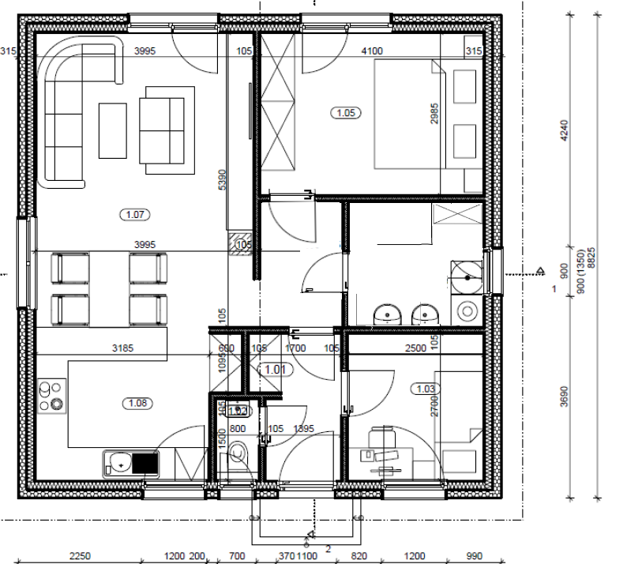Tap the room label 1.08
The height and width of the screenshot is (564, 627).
click(x=138, y=404)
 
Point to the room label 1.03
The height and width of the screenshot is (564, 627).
click(x=424, y=388)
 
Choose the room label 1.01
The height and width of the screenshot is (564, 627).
click(x=276, y=369)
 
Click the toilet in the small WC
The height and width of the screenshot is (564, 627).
click(x=239, y=456)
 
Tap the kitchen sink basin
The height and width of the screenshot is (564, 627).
click(x=119, y=461)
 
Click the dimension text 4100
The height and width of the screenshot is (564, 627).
click(x=371, y=51)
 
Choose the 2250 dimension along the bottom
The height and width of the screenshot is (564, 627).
click(x=80, y=555)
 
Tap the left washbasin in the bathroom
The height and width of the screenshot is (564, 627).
click(x=387, y=314)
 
